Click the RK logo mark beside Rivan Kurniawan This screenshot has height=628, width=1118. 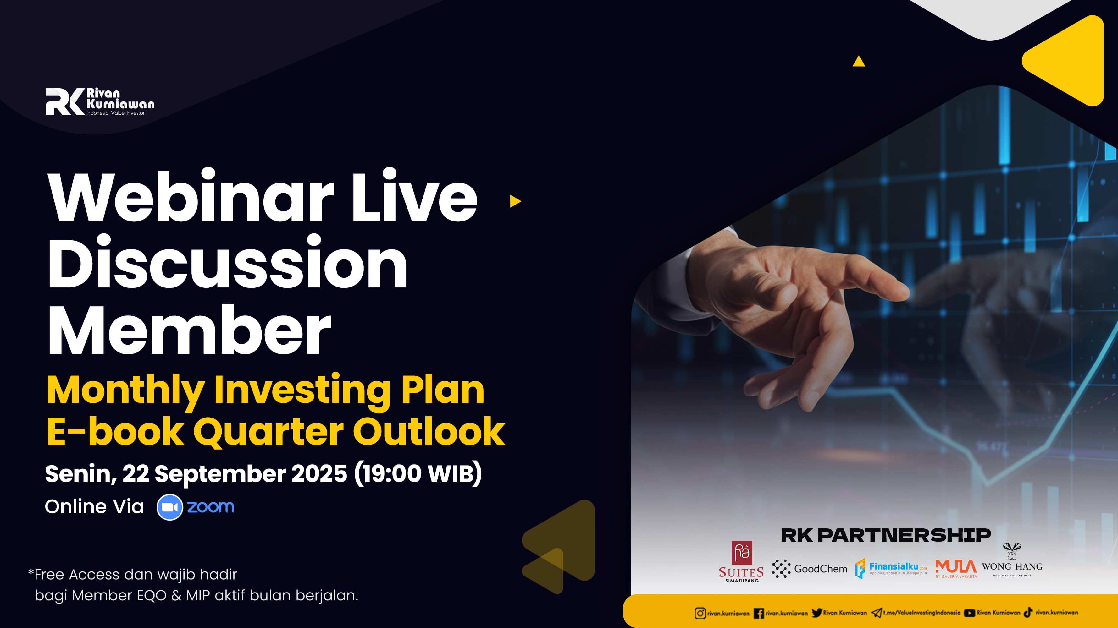pyautogui.click(x=65, y=101)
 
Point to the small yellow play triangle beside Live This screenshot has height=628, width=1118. pyautogui.click(x=515, y=201)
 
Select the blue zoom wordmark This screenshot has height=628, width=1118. pyautogui.click(x=211, y=506)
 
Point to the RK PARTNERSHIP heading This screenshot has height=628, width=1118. pyautogui.click(x=886, y=535)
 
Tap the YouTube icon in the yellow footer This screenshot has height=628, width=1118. pyautogui.click(x=970, y=613)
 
